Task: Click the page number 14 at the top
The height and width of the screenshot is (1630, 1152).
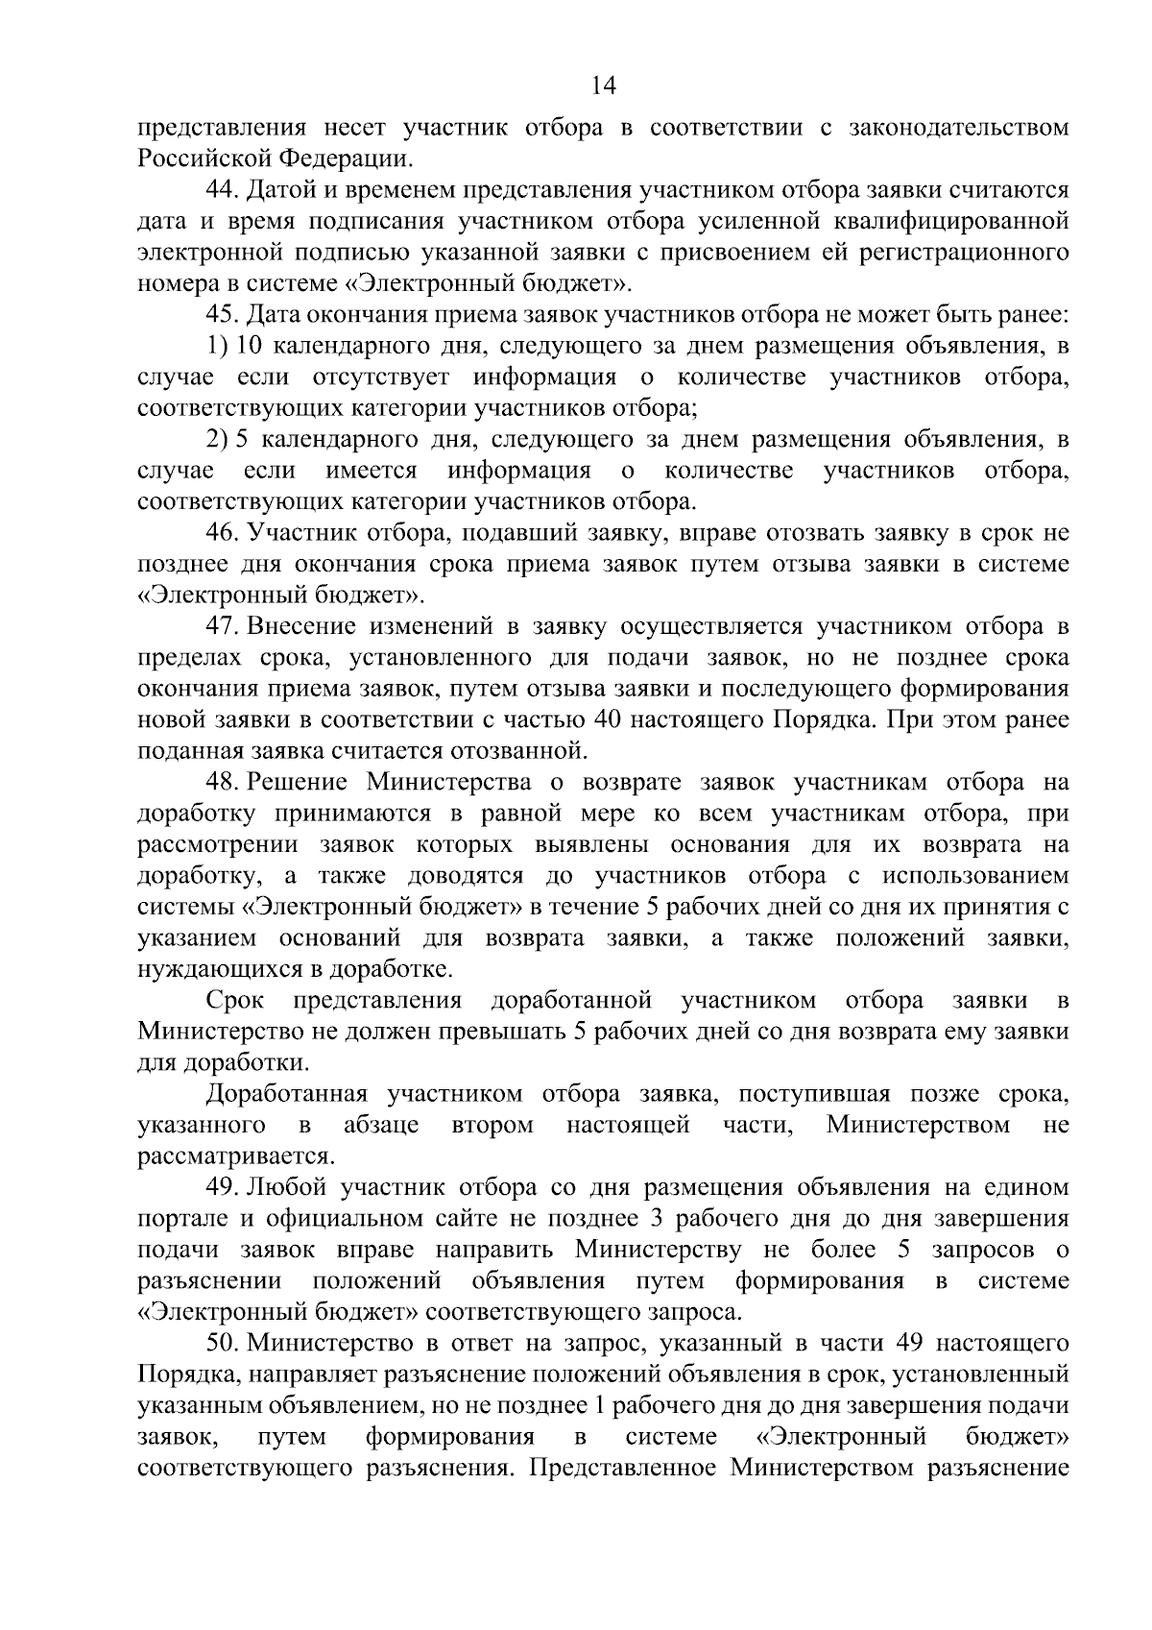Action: [x=604, y=85]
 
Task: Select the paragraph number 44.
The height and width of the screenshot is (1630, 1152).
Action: [x=223, y=190]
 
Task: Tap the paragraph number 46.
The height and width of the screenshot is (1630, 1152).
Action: [x=223, y=533]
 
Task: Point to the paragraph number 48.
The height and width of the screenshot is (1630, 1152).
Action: [x=223, y=783]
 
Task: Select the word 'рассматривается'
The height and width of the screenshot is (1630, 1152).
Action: [x=233, y=1156]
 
